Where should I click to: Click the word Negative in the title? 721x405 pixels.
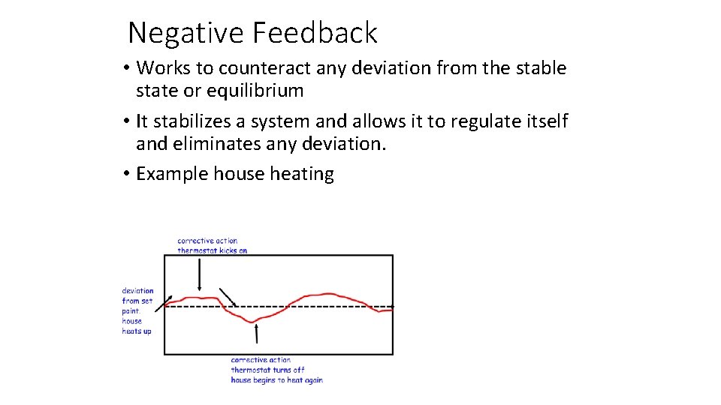point(186,33)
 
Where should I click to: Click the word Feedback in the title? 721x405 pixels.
point(315,33)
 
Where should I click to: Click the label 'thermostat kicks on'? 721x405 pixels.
point(212,250)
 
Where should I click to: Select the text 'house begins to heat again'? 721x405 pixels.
point(276,380)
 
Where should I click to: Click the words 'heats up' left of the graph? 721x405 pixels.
point(137,331)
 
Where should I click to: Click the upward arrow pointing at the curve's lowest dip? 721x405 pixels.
point(257,333)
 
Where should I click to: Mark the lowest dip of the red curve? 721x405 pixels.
point(255,321)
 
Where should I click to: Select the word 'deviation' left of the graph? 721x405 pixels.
point(137,291)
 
